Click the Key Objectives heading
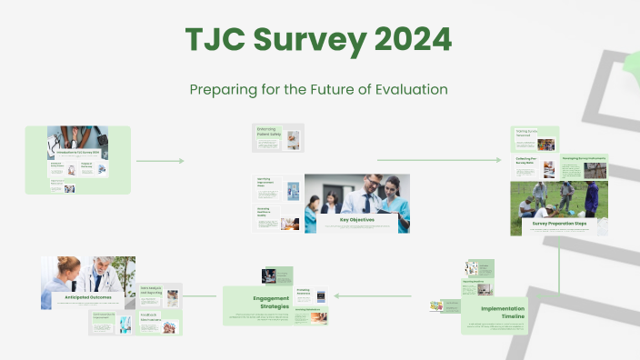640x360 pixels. click(356, 219)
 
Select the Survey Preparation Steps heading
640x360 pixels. click(559, 223)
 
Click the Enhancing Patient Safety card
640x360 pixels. click(277, 137)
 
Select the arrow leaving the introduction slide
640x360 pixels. click(160, 161)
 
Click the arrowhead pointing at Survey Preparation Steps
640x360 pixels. click(497, 161)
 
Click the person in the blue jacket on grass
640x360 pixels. click(590, 196)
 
